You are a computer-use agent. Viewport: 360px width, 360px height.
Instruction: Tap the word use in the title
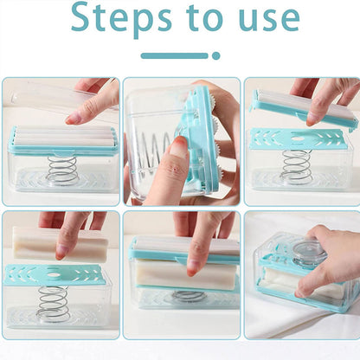(269, 18)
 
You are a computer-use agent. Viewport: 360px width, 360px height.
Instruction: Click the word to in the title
(206, 17)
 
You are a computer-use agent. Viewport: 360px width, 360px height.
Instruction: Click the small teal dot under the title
(215, 55)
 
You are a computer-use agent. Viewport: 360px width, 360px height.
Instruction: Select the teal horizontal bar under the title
(175, 55)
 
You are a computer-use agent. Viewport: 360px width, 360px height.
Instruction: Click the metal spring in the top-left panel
(61, 170)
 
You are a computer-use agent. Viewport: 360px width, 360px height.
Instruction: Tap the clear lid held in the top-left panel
(58, 95)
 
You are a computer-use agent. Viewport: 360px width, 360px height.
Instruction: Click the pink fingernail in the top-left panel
(73, 119)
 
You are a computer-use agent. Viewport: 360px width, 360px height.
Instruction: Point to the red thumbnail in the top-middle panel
(177, 145)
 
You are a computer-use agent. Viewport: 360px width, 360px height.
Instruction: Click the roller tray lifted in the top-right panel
(304, 108)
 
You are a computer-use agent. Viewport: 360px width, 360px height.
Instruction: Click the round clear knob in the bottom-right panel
(309, 254)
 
